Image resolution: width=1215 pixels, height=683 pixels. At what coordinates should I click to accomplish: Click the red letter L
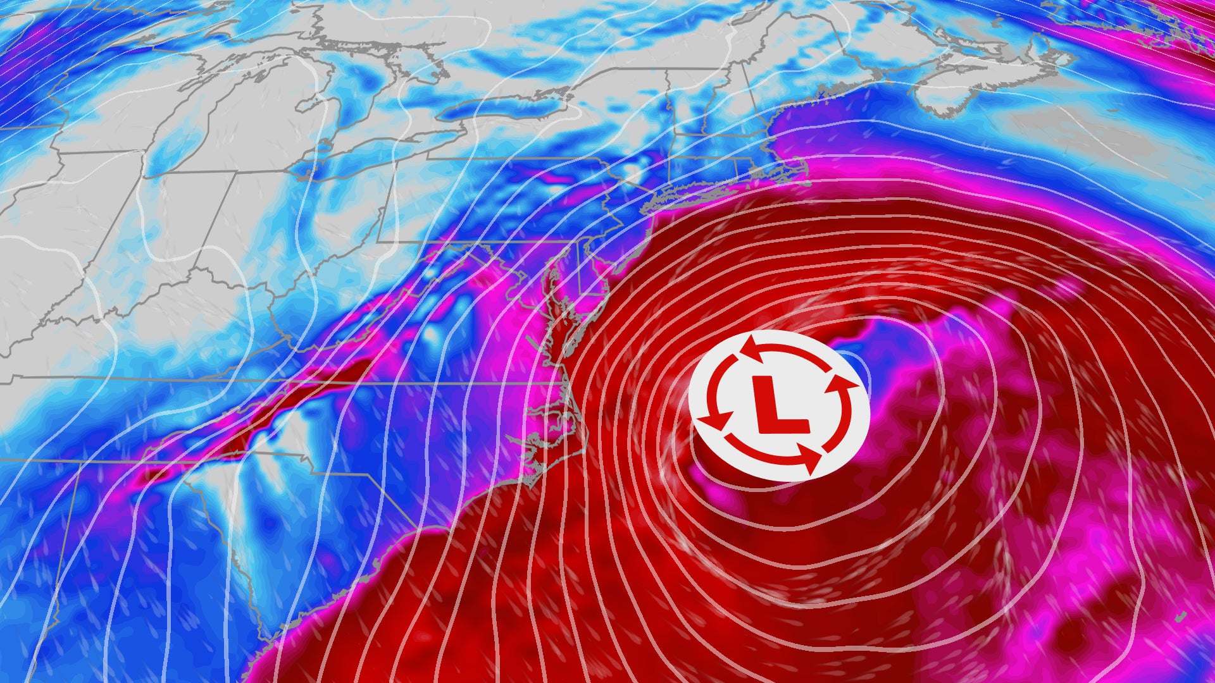coord(778,405)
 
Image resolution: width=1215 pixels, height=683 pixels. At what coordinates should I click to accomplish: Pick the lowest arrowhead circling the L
coord(809,460)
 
